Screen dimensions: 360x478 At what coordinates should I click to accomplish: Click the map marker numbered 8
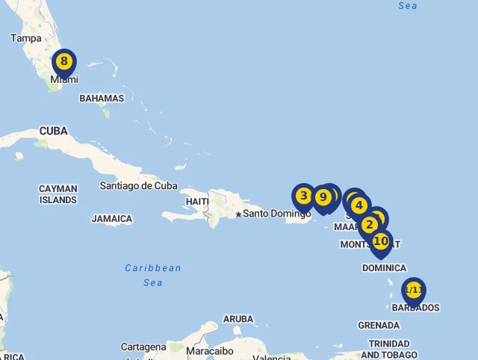(x=64, y=62)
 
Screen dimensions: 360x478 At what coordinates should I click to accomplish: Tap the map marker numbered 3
(x=303, y=196)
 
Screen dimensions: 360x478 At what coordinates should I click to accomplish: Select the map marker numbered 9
(x=323, y=197)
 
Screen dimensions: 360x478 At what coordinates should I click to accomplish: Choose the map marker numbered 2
(x=369, y=224)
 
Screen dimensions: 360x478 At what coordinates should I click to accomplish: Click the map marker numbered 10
(x=381, y=241)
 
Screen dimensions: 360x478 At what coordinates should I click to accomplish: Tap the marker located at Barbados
(x=413, y=290)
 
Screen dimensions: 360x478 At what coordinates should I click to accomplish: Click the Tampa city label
(x=26, y=38)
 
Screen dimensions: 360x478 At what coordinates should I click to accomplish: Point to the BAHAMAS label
(x=102, y=98)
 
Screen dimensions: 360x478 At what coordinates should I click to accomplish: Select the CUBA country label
(x=53, y=131)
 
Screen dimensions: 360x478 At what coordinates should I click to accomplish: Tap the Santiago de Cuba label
(x=139, y=186)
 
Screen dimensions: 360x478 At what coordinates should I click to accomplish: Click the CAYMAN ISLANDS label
(x=58, y=194)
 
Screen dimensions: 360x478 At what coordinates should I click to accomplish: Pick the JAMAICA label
(x=112, y=219)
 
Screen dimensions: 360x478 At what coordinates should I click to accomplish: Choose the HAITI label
(x=197, y=202)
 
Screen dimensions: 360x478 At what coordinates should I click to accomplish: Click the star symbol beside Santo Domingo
(x=238, y=214)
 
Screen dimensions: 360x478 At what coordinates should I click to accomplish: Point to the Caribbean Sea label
(x=153, y=275)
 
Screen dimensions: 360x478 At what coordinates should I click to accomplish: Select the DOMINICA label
(x=384, y=267)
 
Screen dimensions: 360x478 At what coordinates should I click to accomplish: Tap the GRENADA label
(x=379, y=325)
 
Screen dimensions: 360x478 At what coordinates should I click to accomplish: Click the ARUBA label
(x=238, y=319)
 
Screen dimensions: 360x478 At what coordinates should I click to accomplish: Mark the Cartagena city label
(x=143, y=347)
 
